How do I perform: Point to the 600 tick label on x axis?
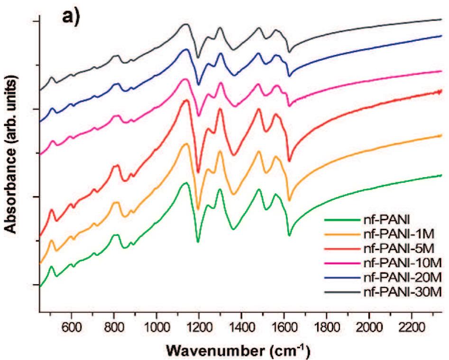(71, 326)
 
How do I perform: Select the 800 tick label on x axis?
(114, 326)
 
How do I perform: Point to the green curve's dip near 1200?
(198, 242)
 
